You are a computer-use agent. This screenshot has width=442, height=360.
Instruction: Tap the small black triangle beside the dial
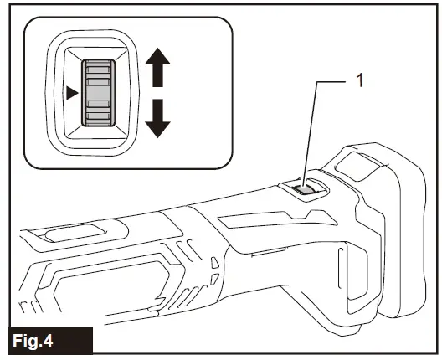pyautogui.click(x=73, y=93)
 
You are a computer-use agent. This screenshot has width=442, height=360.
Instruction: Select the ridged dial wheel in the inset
pyautogui.click(x=98, y=92)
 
